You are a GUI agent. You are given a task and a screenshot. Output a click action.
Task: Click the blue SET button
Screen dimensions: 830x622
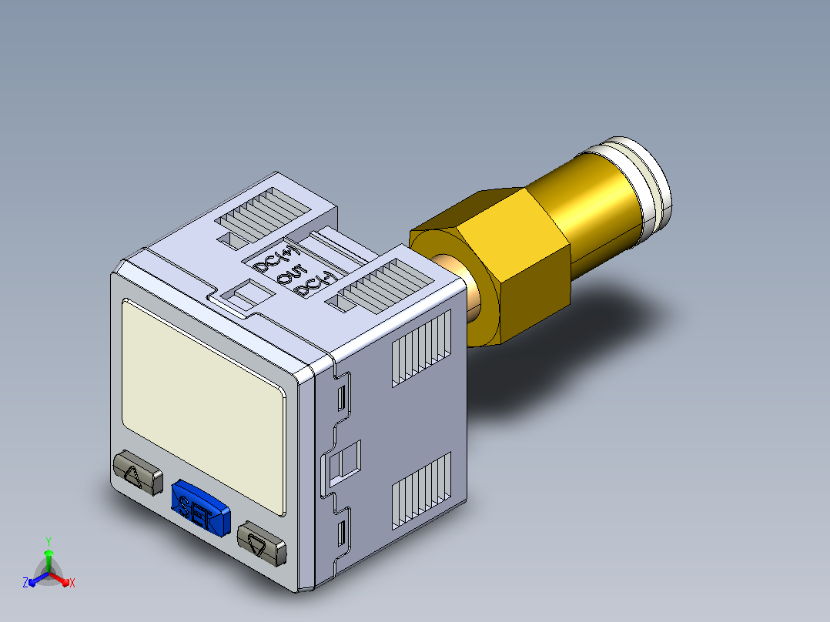coord(200,508)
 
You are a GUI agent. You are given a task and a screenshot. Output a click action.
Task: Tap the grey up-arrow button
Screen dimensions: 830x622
coord(138,472)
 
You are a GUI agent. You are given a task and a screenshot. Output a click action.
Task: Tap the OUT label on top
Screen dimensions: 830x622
coord(292,275)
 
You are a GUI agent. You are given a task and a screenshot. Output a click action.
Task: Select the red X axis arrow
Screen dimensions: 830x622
coord(60,578)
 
